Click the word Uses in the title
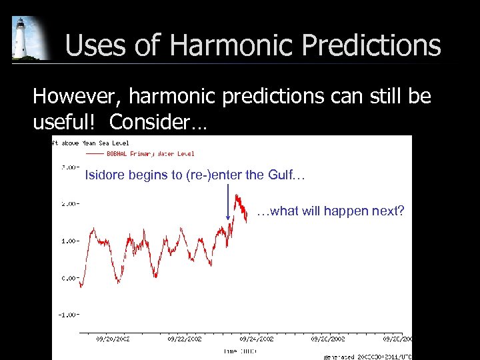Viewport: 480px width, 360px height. click(x=91, y=46)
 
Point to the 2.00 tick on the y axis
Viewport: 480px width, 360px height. click(x=69, y=204)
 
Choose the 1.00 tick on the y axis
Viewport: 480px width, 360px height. click(x=69, y=241)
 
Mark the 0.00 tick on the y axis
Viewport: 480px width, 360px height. click(x=69, y=277)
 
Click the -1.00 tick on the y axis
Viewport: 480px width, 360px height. click(x=67, y=314)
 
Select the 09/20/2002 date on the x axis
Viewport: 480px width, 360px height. click(x=113, y=339)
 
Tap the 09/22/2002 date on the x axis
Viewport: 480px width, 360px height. click(x=185, y=339)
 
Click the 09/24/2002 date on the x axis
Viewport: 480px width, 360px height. click(x=257, y=339)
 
